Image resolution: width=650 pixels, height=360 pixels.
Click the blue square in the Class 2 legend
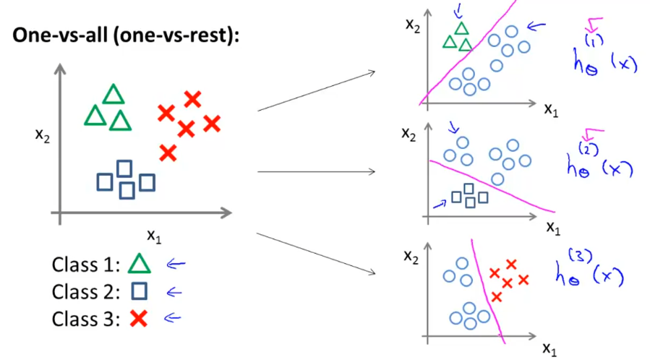coord(140,291)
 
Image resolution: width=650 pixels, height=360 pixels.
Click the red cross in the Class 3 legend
coord(140,318)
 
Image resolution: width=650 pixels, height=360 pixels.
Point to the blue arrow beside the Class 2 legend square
coord(173,291)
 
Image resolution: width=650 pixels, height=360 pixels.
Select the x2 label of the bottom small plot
coord(413,257)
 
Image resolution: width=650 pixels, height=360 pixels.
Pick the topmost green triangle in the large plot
coord(113,95)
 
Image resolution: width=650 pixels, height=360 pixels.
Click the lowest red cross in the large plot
coord(168,153)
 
